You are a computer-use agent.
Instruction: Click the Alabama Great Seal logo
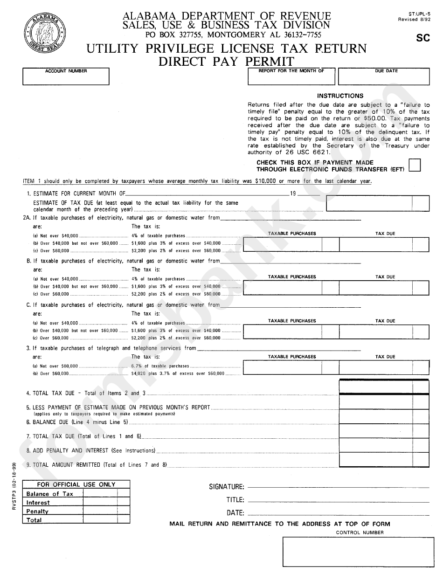(x=43, y=35)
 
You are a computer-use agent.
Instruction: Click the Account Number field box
(x=66, y=76)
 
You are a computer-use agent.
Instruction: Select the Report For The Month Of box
(x=291, y=76)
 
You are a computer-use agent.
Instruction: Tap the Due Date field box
(x=383, y=76)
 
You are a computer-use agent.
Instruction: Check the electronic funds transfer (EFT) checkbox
(x=415, y=166)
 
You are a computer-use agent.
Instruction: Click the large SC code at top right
(x=422, y=38)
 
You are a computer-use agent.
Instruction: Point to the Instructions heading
(x=340, y=96)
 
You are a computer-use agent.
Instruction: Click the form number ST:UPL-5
(x=416, y=14)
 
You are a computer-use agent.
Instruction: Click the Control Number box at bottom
(x=356, y=552)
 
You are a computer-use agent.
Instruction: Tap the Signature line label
(x=226, y=487)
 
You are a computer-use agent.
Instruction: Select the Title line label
(x=235, y=500)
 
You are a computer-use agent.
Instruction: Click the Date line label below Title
(x=235, y=512)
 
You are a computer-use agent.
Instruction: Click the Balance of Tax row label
(x=50, y=494)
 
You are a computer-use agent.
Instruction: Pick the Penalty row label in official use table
(x=37, y=511)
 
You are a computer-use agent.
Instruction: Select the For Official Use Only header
(x=76, y=484)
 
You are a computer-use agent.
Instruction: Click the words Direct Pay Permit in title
(x=226, y=61)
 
